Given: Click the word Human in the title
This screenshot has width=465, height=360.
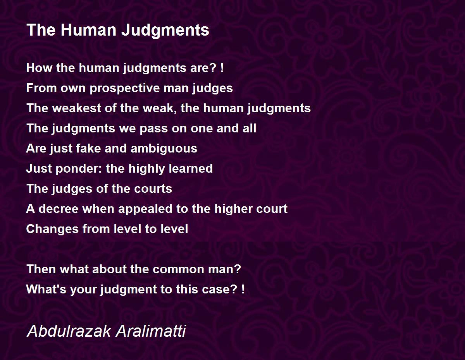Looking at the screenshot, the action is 88,30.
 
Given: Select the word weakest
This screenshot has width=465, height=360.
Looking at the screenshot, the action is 77,108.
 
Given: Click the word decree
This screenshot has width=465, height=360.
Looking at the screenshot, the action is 59,209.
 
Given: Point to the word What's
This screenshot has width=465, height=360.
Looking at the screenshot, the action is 46,289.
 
